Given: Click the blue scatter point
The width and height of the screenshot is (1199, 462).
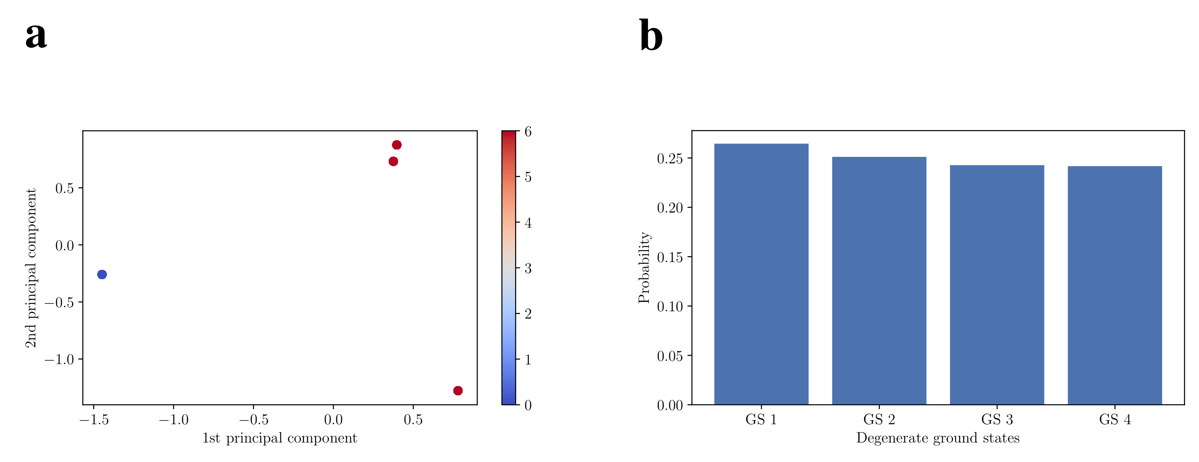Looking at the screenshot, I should click(102, 275).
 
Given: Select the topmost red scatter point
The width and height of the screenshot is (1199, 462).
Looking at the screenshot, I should click(396, 145).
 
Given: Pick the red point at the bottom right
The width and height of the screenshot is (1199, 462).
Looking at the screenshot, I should click(458, 390).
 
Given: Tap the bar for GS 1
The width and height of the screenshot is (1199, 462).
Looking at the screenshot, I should click(761, 275).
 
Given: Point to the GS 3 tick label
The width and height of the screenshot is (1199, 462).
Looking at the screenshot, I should click(997, 420).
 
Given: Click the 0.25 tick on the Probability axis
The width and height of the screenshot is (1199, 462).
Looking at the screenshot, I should click(670, 158).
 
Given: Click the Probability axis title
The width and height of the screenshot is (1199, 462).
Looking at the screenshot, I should click(644, 267).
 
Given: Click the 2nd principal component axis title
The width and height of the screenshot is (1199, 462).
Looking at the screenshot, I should click(31, 268).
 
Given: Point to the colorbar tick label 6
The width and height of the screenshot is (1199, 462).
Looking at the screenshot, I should click(528, 132).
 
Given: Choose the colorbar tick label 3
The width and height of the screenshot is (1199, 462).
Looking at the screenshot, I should click(528, 269).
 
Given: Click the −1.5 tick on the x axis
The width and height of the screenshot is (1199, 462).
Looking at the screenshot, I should click(94, 420).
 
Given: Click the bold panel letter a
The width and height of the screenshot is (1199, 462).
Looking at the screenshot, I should click(36, 35).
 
